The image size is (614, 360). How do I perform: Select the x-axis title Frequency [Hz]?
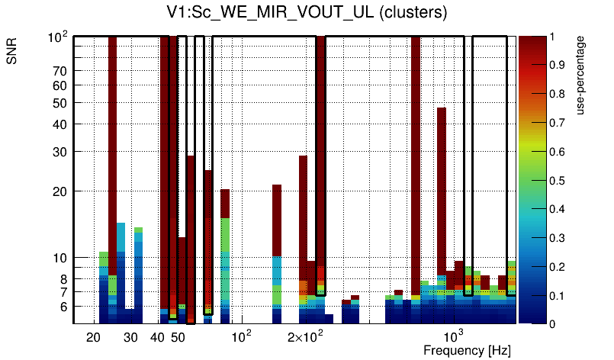click(467, 350)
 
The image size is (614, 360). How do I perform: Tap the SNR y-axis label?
click(12, 53)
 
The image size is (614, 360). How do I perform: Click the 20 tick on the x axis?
click(94, 338)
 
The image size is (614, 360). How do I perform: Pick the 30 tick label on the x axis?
click(130, 338)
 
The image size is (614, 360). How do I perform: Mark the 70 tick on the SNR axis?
click(61, 71)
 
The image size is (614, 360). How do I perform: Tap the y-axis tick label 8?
click(64, 279)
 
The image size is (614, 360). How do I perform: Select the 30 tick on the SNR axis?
click(61, 152)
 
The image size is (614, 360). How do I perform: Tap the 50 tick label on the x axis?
click(178, 338)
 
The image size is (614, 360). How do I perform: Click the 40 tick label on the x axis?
click(157, 338)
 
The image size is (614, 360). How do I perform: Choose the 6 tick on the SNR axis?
click(64, 307)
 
